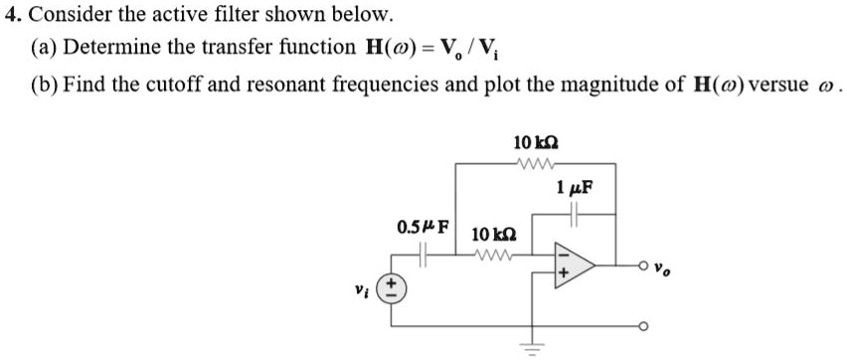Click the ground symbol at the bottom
click(538, 350)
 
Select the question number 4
click(12, 15)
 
